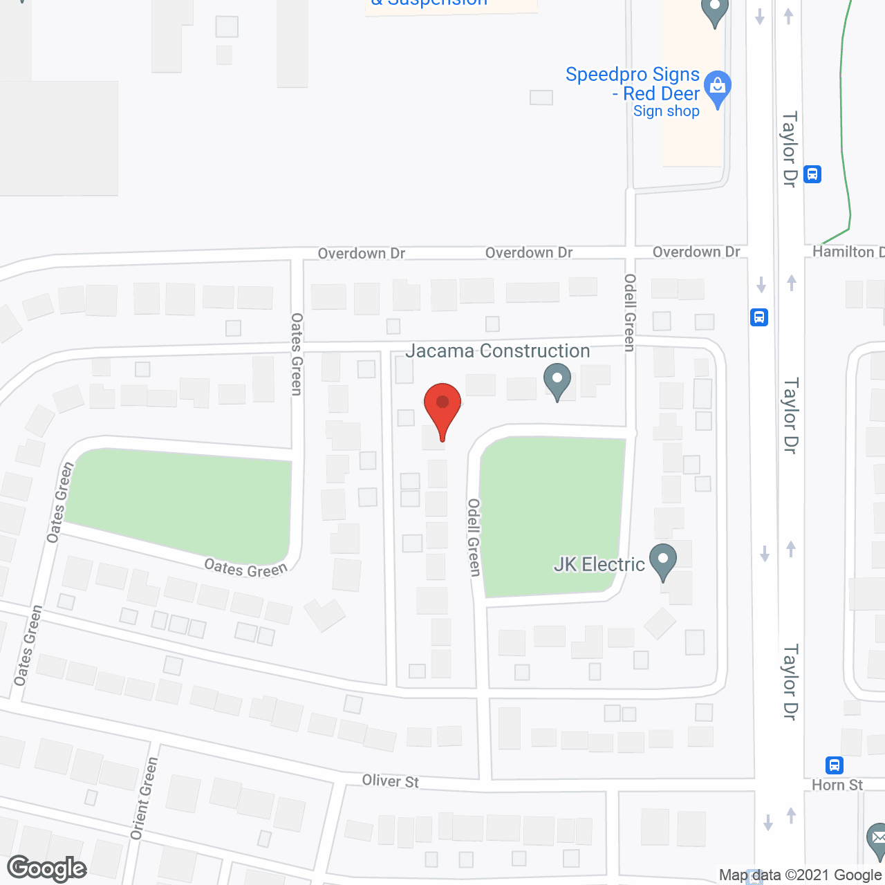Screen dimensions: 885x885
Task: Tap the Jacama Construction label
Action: click(497, 351)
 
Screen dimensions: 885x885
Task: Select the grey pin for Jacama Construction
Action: click(557, 381)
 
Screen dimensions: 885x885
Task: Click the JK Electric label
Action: click(599, 565)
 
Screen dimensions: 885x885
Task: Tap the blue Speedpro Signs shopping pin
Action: click(718, 88)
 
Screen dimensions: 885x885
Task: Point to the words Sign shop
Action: click(666, 111)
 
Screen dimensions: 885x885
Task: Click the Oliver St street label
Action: click(391, 781)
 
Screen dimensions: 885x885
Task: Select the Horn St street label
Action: click(837, 785)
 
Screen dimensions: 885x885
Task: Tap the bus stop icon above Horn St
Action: click(835, 765)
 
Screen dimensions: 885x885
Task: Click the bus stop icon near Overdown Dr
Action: click(759, 317)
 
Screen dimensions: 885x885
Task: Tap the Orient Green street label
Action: click(144, 799)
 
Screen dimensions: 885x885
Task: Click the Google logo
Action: click(47, 868)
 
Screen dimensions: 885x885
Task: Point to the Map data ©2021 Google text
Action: click(800, 875)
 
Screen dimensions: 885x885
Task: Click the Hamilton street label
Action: click(848, 252)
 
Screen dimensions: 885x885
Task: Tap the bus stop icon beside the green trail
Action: click(812, 174)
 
